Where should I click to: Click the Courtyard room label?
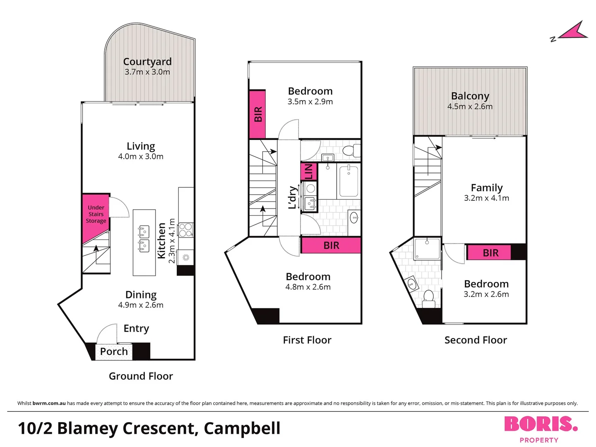(x=147, y=62)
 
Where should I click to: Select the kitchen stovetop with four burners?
(x=185, y=230)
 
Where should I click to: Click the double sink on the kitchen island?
(x=144, y=239)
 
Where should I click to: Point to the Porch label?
(x=114, y=351)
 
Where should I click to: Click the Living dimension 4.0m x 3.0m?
(x=141, y=156)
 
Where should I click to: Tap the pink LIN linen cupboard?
(x=309, y=171)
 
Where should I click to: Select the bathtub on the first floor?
(x=348, y=180)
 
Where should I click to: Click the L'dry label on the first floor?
(x=293, y=197)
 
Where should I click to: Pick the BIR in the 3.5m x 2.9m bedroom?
(x=257, y=114)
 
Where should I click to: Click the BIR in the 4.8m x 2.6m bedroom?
(x=331, y=245)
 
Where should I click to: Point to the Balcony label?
(x=470, y=96)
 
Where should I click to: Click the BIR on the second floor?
(x=490, y=253)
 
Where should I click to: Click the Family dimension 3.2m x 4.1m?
(x=486, y=198)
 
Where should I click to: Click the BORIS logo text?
(x=541, y=424)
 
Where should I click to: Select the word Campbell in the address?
(x=242, y=428)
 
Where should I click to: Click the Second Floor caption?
(x=476, y=340)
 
